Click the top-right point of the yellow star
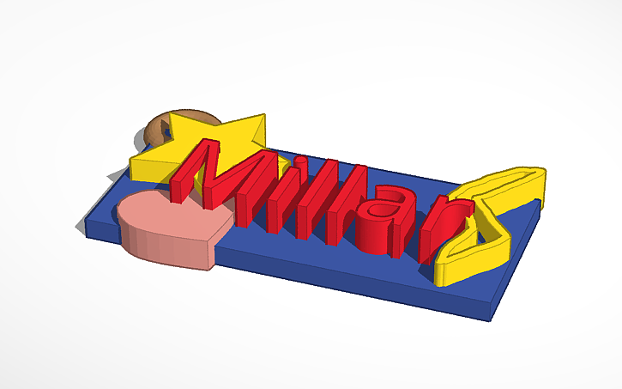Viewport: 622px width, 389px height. click(x=263, y=121)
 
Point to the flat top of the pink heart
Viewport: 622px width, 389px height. click(x=172, y=215)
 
